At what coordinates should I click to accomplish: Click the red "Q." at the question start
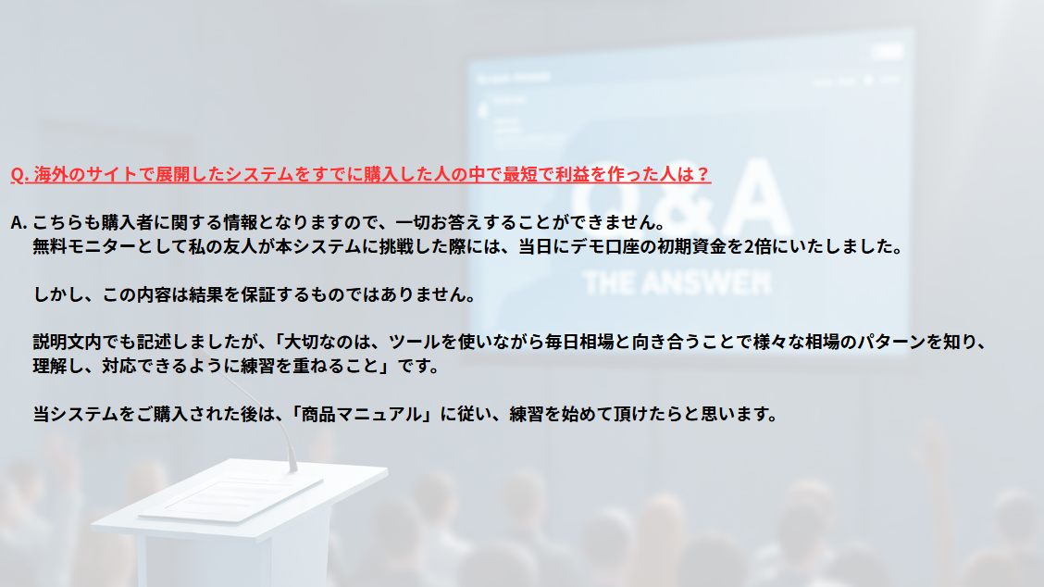click(x=19, y=175)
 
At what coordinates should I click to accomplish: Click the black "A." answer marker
click(x=19, y=222)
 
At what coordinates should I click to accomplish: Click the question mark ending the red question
click(x=702, y=175)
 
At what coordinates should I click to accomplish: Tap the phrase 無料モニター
click(x=84, y=246)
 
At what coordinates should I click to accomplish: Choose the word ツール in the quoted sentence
click(x=414, y=343)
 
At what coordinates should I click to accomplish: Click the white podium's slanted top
click(x=240, y=493)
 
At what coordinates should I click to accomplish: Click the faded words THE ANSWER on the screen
click(x=677, y=283)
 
